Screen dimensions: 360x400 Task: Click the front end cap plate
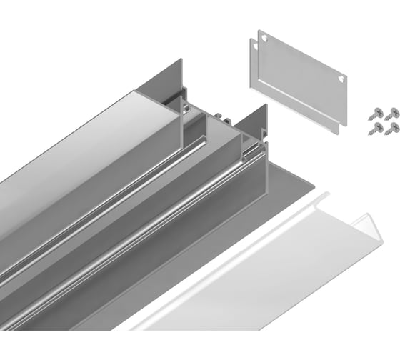coord(300,79)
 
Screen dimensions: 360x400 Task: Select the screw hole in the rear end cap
coord(253,46)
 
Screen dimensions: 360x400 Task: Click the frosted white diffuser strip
coord(271,271)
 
